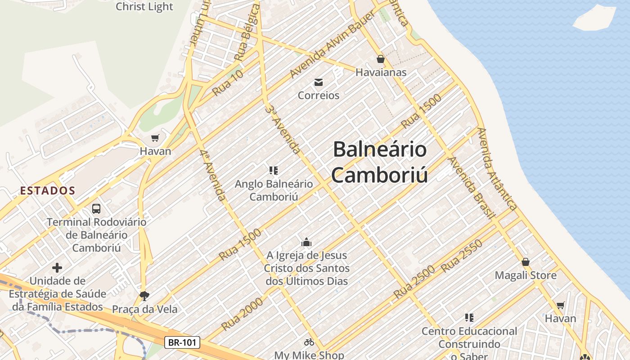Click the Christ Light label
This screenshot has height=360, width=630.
coord(144,6)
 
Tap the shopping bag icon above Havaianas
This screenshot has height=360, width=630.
coord(381,59)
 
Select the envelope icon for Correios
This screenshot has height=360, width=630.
coord(319,82)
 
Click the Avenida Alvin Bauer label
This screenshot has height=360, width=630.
coord(333,45)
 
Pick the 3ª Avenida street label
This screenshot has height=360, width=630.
coord(283,130)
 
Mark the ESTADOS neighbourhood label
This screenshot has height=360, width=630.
coord(47,190)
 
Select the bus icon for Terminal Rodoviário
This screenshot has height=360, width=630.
coord(96,208)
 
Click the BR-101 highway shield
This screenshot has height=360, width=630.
coord(182,342)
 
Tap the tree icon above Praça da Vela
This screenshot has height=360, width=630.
coord(144,296)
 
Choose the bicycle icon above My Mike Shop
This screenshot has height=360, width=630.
coord(309,342)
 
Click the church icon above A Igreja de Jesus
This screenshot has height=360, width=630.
coord(306,242)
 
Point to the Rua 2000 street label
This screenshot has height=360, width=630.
coord(242,313)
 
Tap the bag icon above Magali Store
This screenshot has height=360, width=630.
coord(525,262)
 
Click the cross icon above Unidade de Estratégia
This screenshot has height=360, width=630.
coord(57,268)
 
